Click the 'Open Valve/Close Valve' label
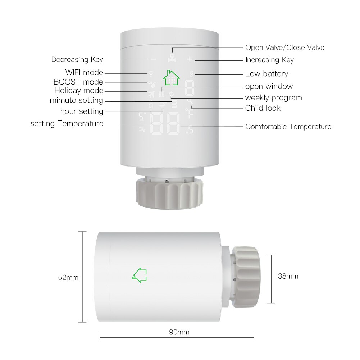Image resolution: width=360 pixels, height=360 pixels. [x=285, y=47]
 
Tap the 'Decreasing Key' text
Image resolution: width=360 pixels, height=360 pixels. [x=77, y=60]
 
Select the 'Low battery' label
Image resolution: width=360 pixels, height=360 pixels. [x=266, y=74]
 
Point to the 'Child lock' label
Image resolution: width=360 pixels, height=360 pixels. [x=263, y=108]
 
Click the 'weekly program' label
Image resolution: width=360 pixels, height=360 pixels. [x=273, y=98]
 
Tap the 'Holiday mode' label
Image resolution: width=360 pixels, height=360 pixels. [x=79, y=91]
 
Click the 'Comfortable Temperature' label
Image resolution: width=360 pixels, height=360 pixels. [x=288, y=127]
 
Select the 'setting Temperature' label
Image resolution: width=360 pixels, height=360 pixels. [x=67, y=124]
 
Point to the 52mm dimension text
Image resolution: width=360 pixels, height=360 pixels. [x=68, y=277]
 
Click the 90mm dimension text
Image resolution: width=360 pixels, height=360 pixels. [x=179, y=332]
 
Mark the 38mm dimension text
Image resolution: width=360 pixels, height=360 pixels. [x=288, y=276]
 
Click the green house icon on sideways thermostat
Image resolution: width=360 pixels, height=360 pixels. [x=140, y=275]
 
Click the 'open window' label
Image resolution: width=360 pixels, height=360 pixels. [x=269, y=86]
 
